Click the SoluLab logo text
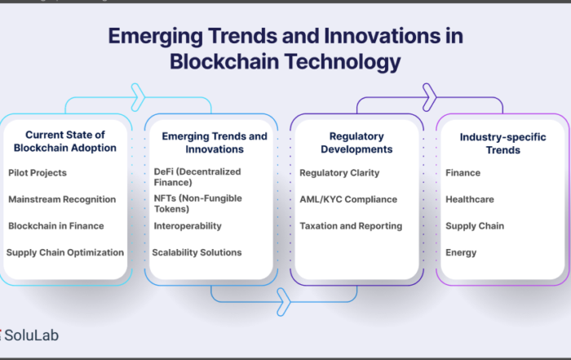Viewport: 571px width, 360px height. click(31, 336)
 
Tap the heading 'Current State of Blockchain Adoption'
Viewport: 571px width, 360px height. click(65, 141)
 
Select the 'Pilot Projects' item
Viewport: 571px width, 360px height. click(38, 173)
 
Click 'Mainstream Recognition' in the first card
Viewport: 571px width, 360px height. click(62, 199)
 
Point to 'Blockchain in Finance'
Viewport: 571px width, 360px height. click(56, 226)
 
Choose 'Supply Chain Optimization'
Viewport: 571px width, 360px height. click(65, 252)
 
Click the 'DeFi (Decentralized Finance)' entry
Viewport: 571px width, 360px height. click(197, 176)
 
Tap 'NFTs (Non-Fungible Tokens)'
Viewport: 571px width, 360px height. click(197, 203)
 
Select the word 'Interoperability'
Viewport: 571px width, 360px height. click(188, 226)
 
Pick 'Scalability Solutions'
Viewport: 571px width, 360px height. click(197, 252)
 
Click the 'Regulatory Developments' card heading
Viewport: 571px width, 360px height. click(356, 143)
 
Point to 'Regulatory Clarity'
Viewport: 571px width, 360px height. click(339, 173)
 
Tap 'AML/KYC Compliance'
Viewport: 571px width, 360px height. click(348, 199)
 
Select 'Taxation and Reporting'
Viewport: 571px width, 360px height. click(351, 226)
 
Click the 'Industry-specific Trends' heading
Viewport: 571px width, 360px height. click(503, 144)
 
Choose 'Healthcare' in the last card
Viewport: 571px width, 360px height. click(470, 199)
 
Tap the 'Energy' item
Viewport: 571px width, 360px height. click(461, 252)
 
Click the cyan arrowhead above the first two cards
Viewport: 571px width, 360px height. click(138, 97)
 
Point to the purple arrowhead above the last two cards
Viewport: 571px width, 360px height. click(429, 97)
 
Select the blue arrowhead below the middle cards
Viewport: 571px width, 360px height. click(284, 302)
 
